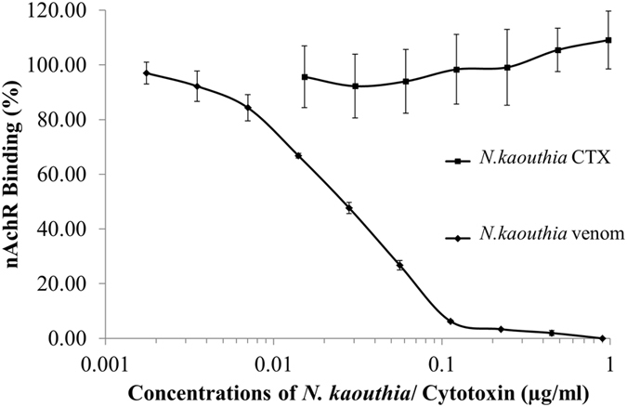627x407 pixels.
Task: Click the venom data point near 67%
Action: (x=298, y=156)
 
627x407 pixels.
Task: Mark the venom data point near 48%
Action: (x=349, y=208)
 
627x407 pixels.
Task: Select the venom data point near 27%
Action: (x=399, y=265)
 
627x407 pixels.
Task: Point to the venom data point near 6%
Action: (x=451, y=322)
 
